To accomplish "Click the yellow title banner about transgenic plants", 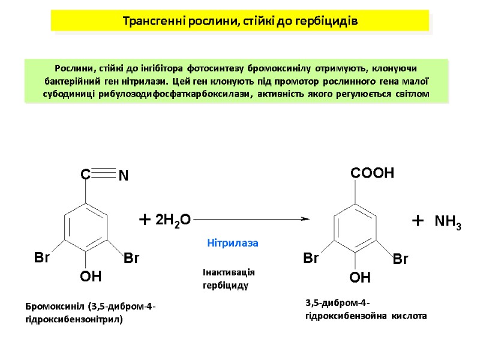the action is point(240,21).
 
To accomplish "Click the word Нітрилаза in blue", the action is point(232,243).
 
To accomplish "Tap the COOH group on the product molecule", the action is point(371,173).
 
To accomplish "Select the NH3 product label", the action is point(448,223).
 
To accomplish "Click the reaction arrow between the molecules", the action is point(251,220).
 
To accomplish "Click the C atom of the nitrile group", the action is point(85,175).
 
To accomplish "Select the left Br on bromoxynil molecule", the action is point(41,258).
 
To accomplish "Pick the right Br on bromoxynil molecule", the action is point(131,258).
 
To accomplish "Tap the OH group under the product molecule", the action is point(360,278).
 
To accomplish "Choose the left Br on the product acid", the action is point(311,259).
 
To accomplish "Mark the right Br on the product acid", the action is point(400,260).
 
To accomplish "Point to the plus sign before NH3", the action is point(418,221).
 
